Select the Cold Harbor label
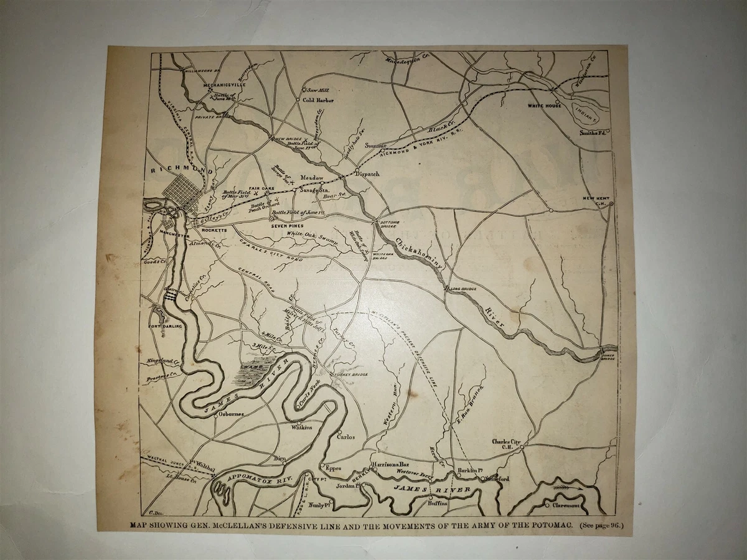pyautogui.click(x=319, y=100)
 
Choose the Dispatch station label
pyautogui.click(x=367, y=174)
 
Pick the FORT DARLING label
pyautogui.click(x=165, y=326)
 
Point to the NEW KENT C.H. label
pyautogui.click(x=595, y=200)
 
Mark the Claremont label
pyautogui.click(x=565, y=505)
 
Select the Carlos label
pyautogui.click(x=345, y=437)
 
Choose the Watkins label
pyautogui.click(x=303, y=427)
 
